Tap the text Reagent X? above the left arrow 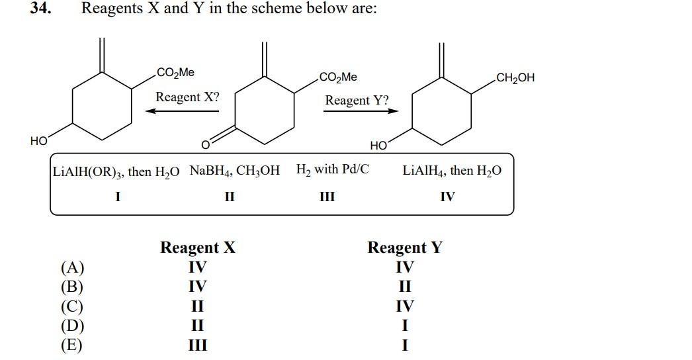click(x=187, y=97)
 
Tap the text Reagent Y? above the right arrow click(x=357, y=101)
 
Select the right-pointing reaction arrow click(x=361, y=111)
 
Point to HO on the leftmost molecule click(x=38, y=141)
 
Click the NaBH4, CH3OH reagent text click(x=234, y=171)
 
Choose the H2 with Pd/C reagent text click(x=333, y=169)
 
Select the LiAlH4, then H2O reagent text click(x=452, y=171)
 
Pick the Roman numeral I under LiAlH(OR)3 click(x=117, y=197)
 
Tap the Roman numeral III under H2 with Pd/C click(x=327, y=197)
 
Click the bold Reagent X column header click(x=198, y=248)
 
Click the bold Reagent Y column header click(x=405, y=248)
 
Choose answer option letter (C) click(x=72, y=306)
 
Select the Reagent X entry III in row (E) click(x=197, y=345)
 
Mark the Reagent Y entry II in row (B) click(x=405, y=287)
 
